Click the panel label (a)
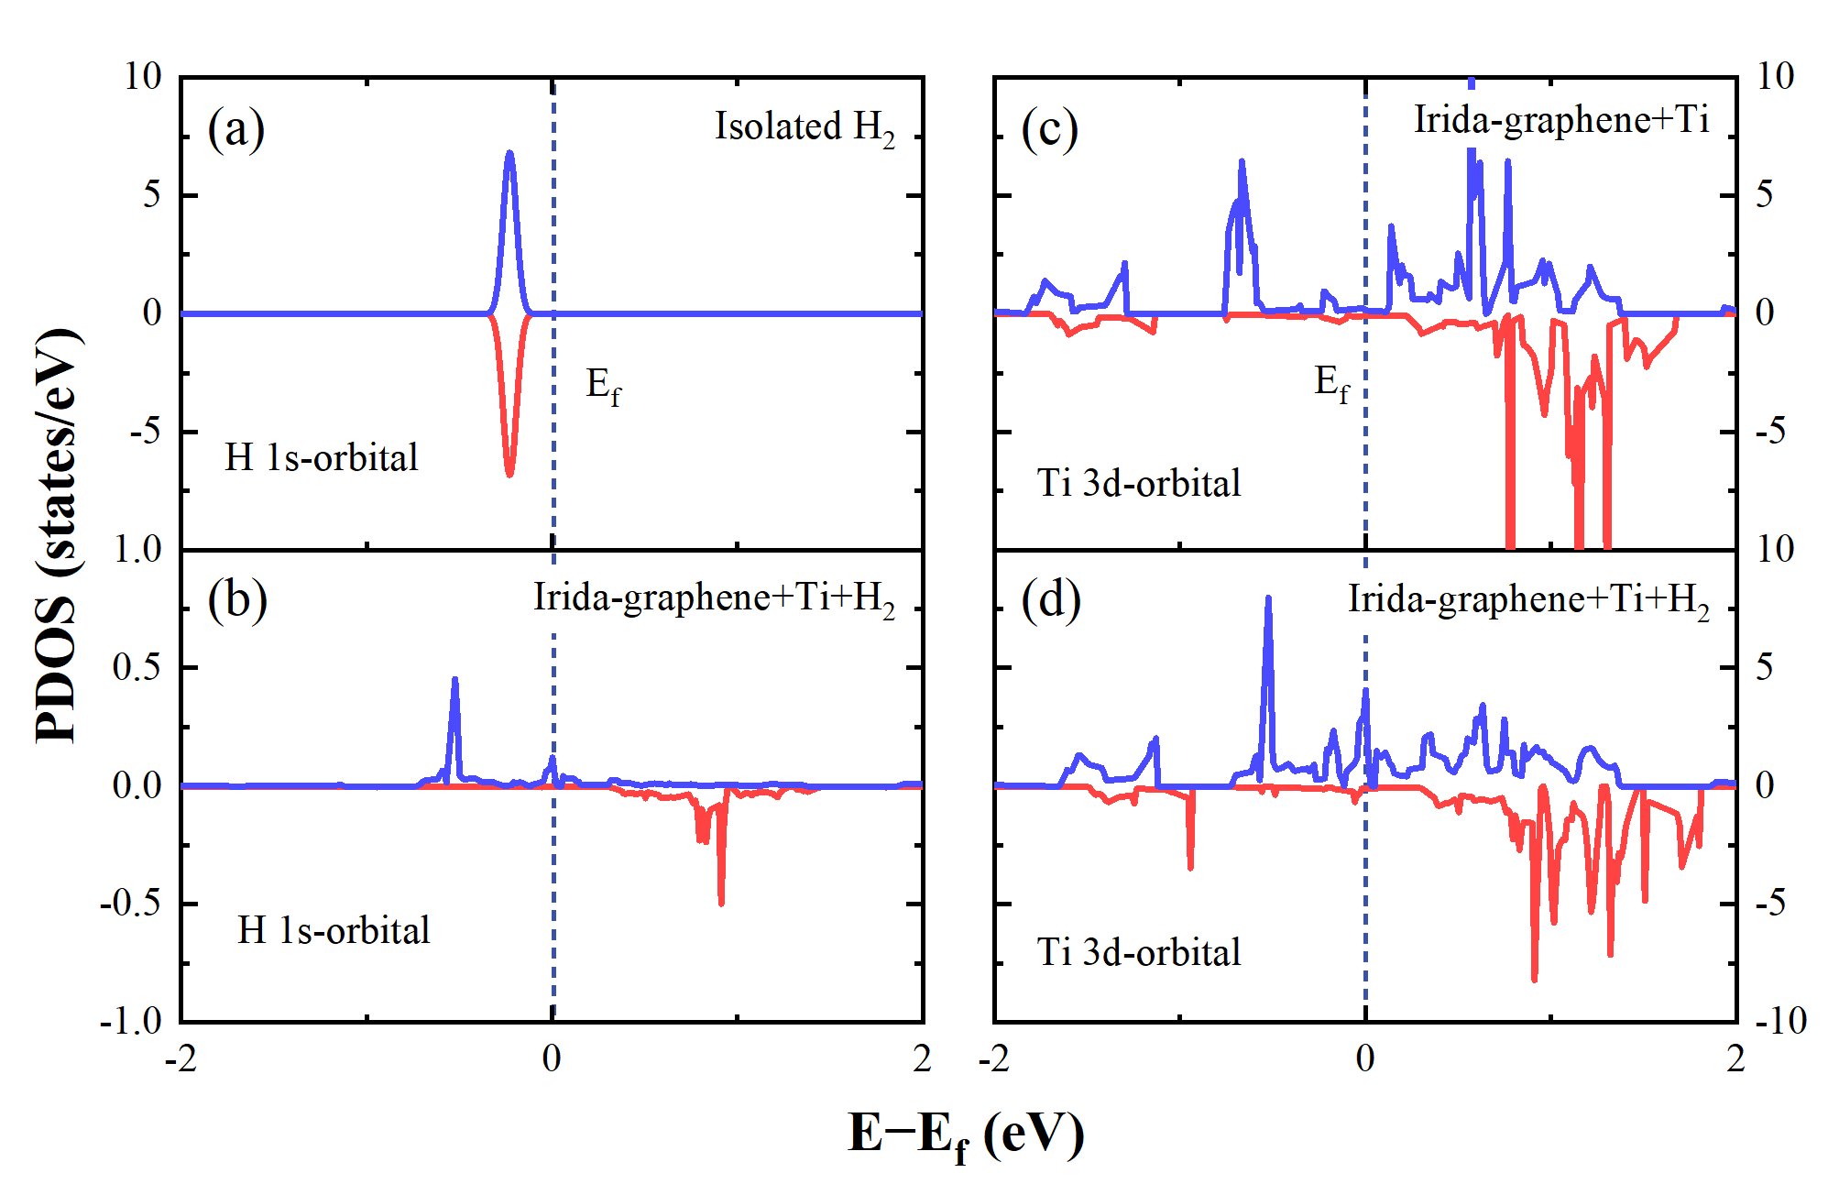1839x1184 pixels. pos(235,128)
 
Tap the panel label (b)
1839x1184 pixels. pos(236,601)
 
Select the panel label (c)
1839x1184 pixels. pos(1050,128)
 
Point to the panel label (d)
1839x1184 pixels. pos(1051,601)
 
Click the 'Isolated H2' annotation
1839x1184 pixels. pos(805,127)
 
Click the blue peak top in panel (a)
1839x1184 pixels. pos(509,153)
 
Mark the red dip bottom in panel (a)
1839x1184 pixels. pos(509,474)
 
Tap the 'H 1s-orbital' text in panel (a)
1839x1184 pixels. pos(322,457)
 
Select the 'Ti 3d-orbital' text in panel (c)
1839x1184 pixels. pos(1139,483)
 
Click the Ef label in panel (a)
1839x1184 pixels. pos(603,386)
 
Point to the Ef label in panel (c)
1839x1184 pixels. pos(1331,383)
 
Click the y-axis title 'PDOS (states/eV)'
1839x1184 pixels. pos(57,536)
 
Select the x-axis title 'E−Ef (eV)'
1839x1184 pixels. pos(966,1135)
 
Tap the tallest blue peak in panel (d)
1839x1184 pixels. pos(1268,599)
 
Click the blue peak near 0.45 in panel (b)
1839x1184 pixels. pos(454,680)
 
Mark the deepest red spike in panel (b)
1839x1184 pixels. pos(722,903)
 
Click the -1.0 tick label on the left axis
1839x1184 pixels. pos(131,1021)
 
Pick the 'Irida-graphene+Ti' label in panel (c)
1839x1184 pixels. pos(1560,120)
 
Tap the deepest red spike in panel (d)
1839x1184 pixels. pos(1535,980)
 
